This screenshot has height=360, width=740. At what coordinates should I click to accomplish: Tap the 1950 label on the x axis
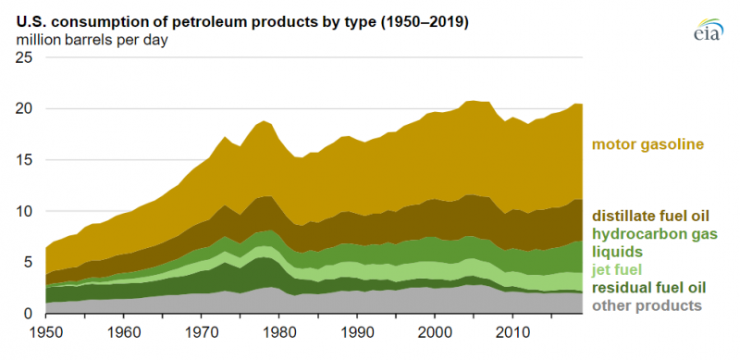[x=46, y=331]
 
